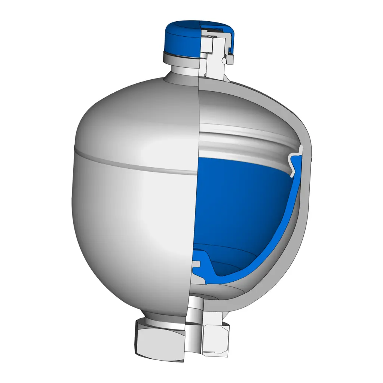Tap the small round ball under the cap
tap(223, 59)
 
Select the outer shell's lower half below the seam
tap(131, 224)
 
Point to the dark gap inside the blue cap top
tap(213, 27)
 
